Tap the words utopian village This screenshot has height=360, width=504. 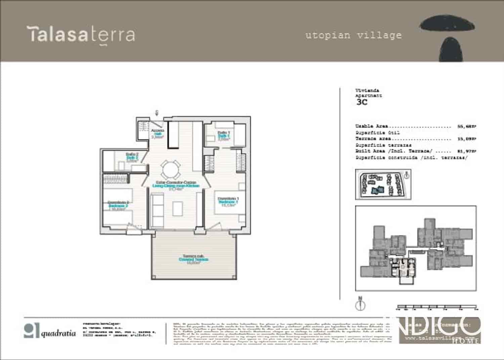pos(353,35)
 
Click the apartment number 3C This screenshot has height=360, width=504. pos(362,102)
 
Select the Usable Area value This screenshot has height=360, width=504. pos(467,127)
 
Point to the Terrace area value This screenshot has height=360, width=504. pos(467,139)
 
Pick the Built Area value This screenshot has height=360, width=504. pos(467,152)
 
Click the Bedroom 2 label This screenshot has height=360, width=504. pos(118,205)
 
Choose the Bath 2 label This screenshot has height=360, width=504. pos(132,157)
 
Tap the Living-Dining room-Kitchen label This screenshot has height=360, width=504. pos(176,186)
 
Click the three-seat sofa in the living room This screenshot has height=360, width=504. pos(157,210)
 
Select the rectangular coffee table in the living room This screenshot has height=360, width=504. pos(178,208)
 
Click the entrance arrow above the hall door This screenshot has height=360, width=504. pos(157,113)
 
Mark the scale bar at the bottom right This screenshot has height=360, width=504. pos(437,307)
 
